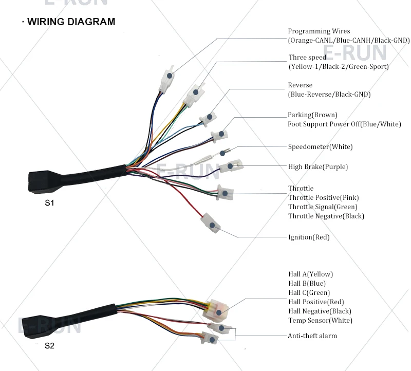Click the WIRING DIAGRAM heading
71,22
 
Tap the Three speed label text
307,58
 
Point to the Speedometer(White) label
320,147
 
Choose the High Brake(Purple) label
317,167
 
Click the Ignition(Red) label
309,237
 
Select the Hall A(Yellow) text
310,274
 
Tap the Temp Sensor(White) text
320,321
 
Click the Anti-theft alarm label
312,336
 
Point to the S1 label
49,203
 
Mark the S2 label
49,346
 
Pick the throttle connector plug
226,193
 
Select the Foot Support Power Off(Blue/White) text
344,124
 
